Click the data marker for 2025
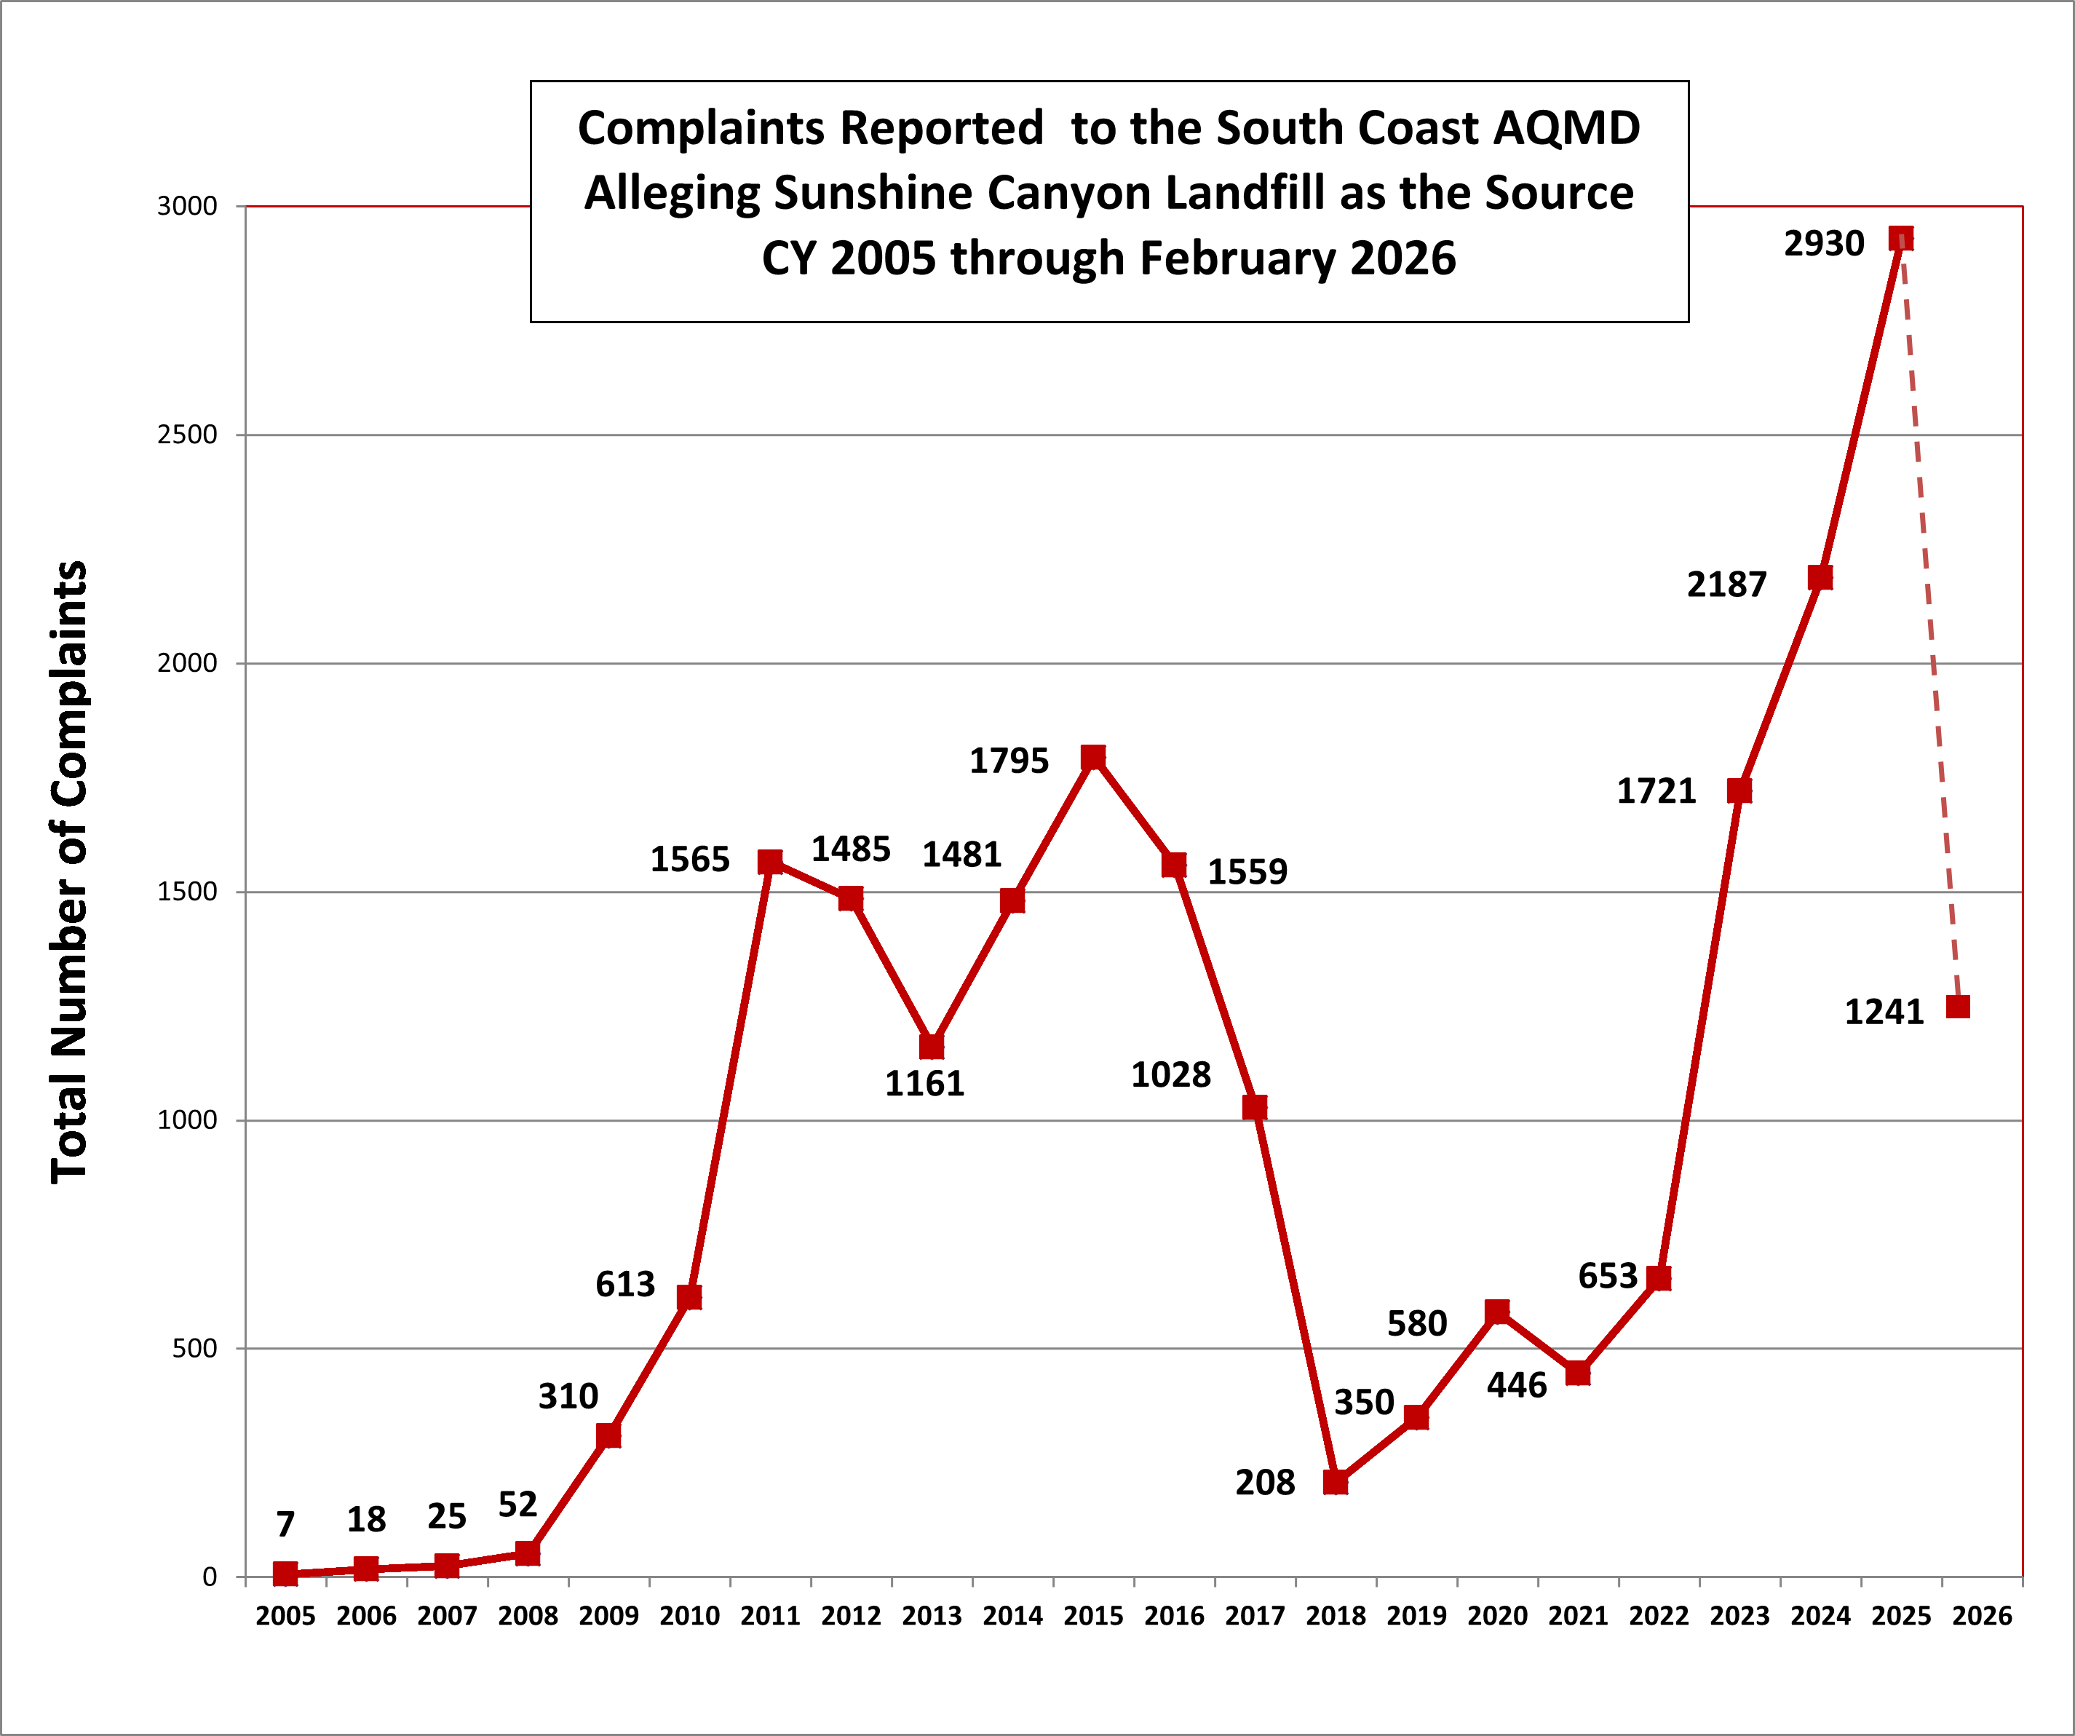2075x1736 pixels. pyautogui.click(x=1900, y=238)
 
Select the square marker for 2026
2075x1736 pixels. pyautogui.click(x=1957, y=1006)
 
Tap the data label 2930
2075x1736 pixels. pyautogui.click(x=1823, y=243)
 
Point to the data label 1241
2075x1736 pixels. pyautogui.click(x=1884, y=1012)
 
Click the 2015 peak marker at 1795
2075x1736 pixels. pyautogui.click(x=1093, y=757)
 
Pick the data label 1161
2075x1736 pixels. pyautogui.click(x=924, y=1084)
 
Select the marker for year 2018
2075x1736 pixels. pyautogui.click(x=1335, y=1481)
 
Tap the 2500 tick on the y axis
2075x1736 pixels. pyautogui.click(x=187, y=435)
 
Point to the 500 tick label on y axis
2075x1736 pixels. pyautogui.click(x=194, y=1349)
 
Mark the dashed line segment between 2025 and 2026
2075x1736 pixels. pyautogui.click(x=1929, y=622)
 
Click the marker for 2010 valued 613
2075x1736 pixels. pyautogui.click(x=689, y=1296)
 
